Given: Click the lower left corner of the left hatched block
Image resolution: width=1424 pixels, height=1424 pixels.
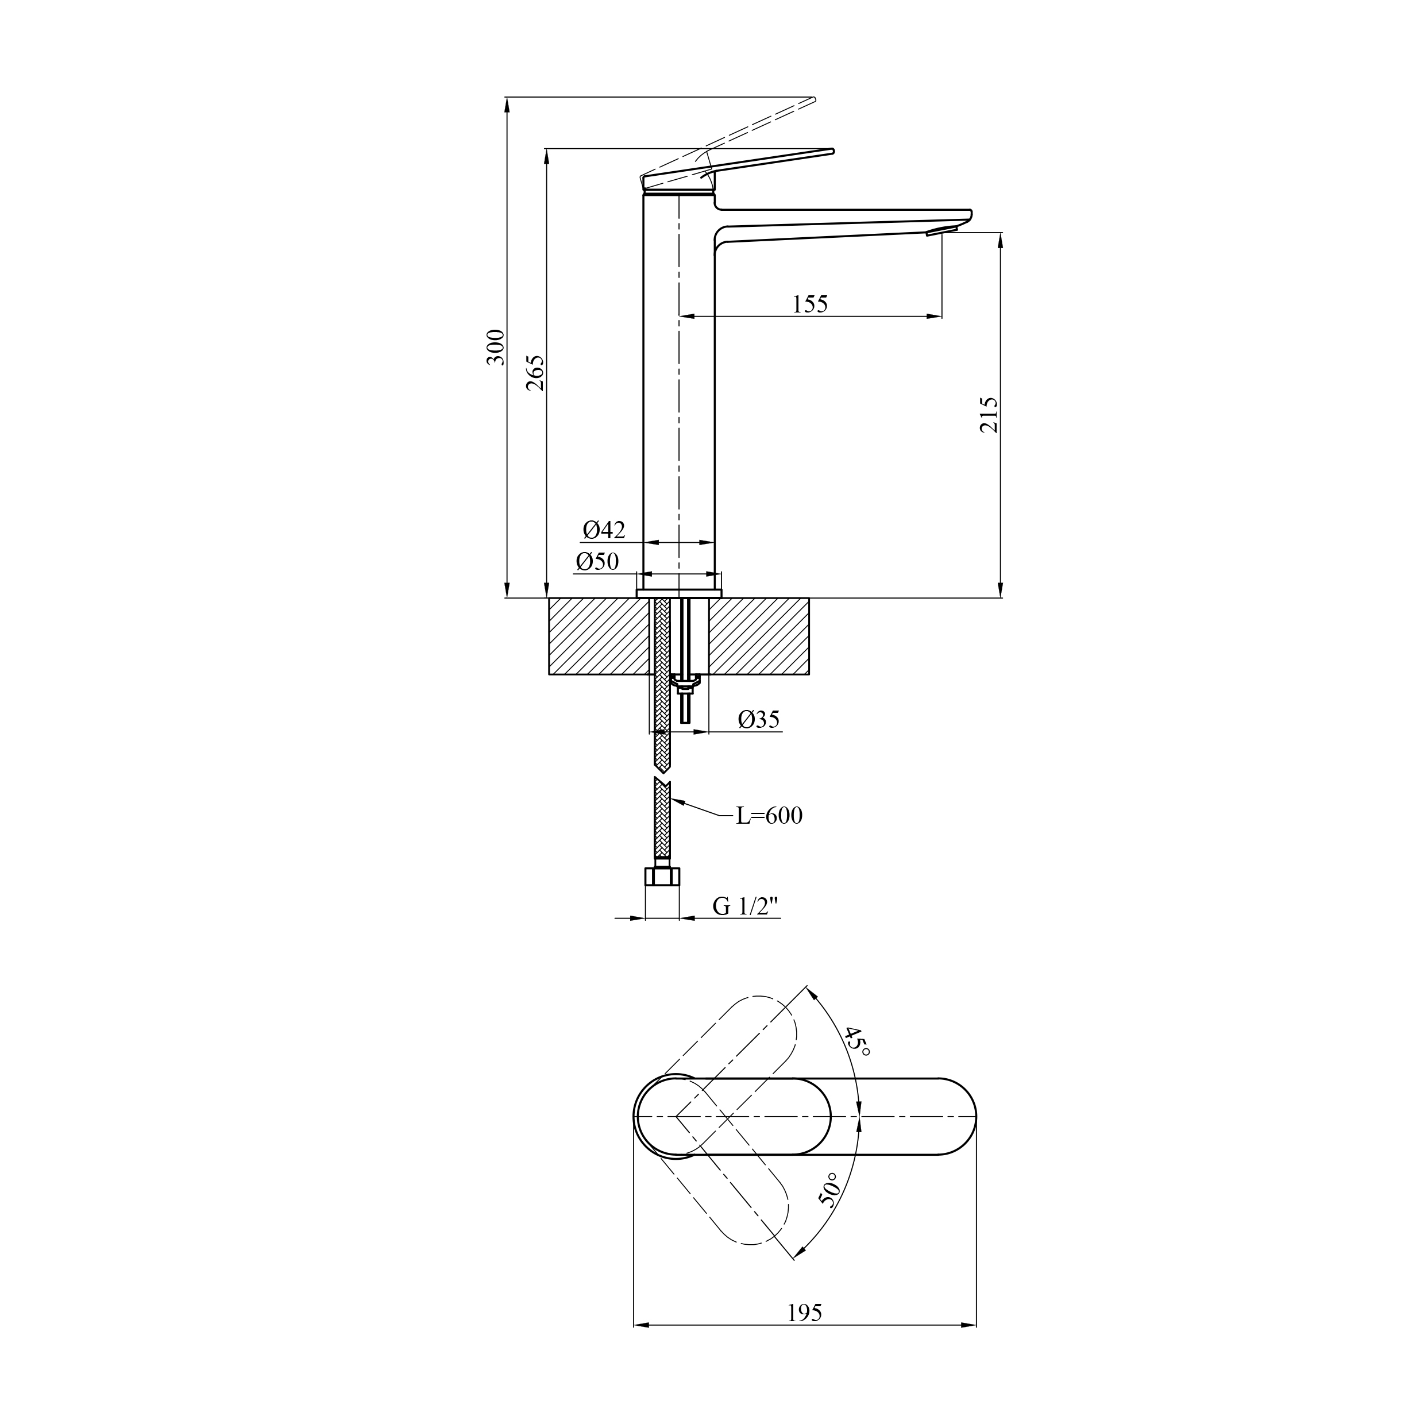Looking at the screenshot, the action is (x=549, y=674).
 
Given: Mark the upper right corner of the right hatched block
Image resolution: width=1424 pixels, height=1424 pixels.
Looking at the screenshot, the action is (x=809, y=599).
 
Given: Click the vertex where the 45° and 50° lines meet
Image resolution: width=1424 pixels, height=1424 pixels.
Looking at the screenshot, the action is (x=676, y=1117).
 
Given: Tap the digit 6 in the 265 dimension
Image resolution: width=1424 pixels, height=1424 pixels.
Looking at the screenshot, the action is (x=537, y=373).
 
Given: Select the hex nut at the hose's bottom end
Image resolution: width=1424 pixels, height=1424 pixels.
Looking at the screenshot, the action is (x=662, y=877).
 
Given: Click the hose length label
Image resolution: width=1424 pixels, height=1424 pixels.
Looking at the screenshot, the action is (x=769, y=816).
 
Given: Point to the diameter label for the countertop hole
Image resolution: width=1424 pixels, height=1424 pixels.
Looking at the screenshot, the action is (x=758, y=719).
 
